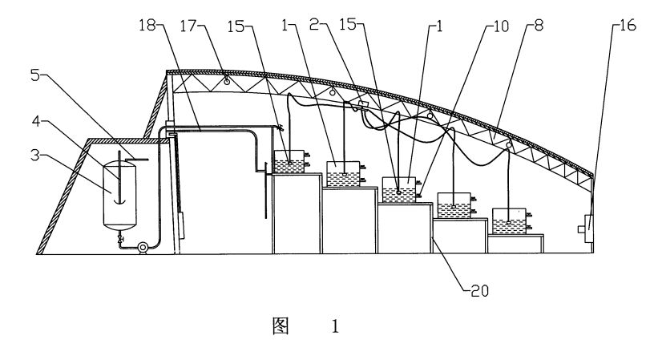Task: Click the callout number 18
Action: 147,26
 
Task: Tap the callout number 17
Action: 188,26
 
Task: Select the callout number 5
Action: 35,75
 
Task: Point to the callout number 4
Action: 37,121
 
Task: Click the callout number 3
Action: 35,155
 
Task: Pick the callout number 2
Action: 314,25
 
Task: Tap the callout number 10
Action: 501,26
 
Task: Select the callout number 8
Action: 538,26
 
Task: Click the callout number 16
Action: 628,26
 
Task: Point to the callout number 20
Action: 480,291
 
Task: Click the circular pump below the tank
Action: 143,248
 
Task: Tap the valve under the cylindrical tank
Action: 120,239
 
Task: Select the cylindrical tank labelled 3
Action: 119,195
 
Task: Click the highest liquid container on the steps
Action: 289,161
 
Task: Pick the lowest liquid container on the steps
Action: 509,221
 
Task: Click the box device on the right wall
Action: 586,229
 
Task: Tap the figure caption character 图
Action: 281,326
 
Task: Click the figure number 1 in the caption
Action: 335,326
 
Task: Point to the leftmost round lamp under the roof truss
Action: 227,81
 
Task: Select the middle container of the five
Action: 399,189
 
